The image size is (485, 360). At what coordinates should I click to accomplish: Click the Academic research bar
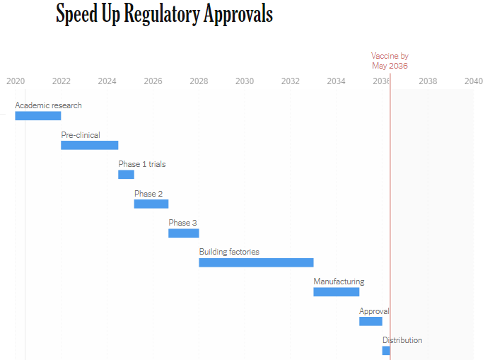38,116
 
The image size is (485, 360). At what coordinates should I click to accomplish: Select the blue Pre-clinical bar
89,145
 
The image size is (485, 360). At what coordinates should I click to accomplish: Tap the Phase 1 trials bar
126,175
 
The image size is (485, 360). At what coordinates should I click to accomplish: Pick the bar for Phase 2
151,204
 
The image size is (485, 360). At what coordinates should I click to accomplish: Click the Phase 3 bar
184,233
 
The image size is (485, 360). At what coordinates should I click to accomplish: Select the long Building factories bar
256,262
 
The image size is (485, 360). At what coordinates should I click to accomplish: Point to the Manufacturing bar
337,291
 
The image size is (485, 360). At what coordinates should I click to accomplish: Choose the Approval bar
370,321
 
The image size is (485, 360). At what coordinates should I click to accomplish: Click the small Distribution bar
386,350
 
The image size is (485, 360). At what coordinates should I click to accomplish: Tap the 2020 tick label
16,81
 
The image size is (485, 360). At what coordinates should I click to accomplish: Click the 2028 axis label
199,81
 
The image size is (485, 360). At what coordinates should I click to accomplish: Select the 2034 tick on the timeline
336,81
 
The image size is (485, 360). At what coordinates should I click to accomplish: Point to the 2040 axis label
473,81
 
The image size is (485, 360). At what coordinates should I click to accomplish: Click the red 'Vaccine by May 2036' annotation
390,61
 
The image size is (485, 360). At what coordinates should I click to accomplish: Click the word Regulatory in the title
162,15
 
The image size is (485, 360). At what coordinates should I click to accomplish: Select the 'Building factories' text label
229,252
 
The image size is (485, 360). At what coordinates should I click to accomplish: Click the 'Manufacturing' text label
339,281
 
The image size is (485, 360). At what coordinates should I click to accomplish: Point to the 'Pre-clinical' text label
81,135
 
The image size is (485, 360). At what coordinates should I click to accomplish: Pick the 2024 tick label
107,81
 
